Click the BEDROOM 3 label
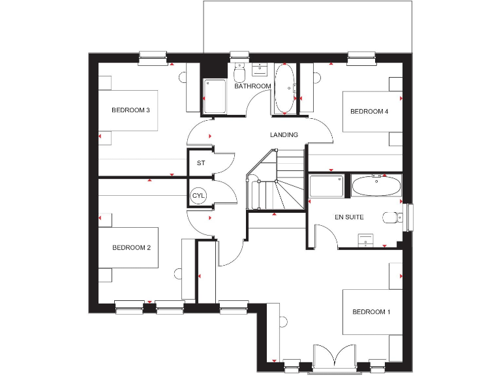pos(131,110)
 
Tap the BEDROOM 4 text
pos(369,112)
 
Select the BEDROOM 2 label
pos(131,247)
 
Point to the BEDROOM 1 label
pos(371,312)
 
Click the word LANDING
pos(284,135)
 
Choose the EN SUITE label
pos(349,217)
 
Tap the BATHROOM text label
pos(252,86)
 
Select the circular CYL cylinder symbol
pos(198,196)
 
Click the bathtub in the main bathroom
pos(284,89)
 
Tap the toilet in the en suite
pos(391,218)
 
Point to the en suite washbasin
pos(366,240)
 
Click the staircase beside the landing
pos(277,183)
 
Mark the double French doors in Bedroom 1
pos(333,358)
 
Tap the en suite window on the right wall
pos(409,217)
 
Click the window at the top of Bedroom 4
pos(359,58)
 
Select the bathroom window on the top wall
pos(239,57)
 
